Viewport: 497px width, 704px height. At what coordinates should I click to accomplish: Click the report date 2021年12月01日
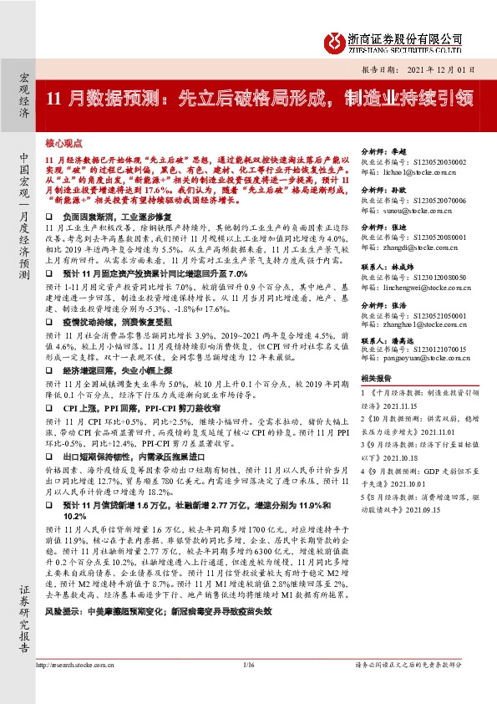coord(452,70)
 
